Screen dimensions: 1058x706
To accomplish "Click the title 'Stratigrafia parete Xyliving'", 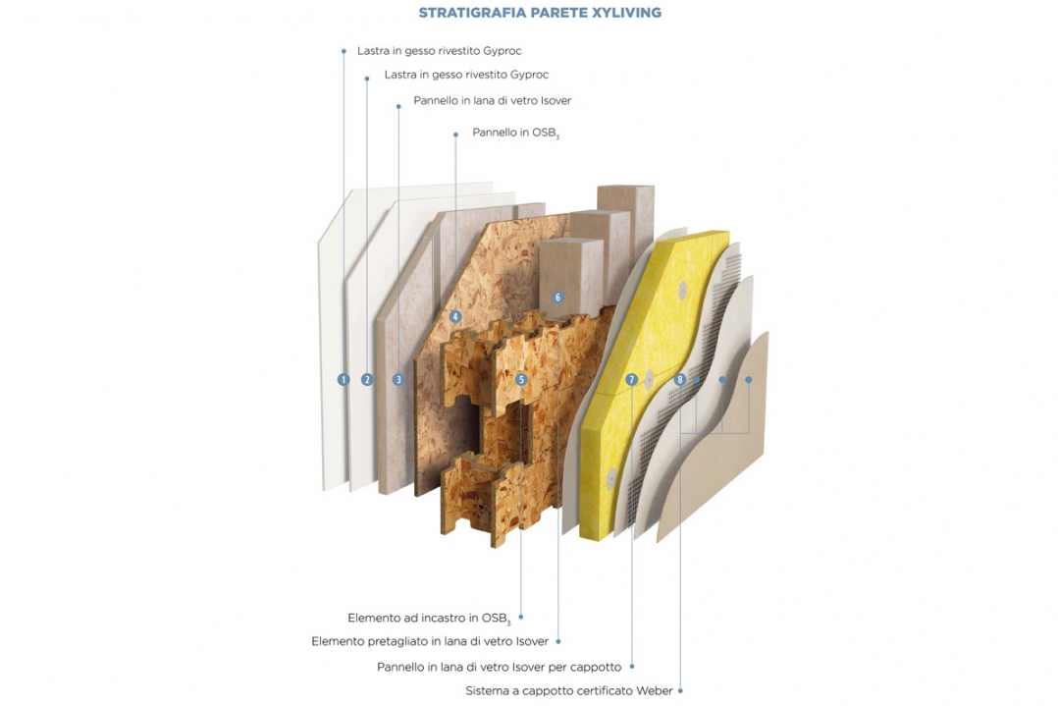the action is click(540, 12).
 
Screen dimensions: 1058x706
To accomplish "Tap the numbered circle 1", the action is click(344, 379).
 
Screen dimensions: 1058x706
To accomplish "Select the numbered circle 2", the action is click(367, 379).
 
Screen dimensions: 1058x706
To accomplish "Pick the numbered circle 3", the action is click(398, 379).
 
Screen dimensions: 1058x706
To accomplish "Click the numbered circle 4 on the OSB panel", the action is click(455, 316).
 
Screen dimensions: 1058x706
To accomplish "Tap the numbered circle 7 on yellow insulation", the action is click(632, 379).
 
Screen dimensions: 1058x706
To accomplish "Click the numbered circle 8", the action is click(679, 379).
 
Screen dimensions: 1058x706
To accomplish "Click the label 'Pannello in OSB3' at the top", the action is click(516, 133).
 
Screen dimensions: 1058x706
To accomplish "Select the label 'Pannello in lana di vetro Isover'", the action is click(493, 100).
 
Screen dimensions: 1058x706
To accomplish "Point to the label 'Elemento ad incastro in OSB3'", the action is click(429, 619).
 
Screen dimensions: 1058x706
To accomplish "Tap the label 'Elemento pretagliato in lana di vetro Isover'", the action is click(430, 641).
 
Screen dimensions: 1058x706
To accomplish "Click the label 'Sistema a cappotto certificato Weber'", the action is click(569, 691).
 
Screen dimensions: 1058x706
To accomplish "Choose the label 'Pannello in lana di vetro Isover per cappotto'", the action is click(500, 667).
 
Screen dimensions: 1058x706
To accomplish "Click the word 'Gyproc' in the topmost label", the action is click(503, 51).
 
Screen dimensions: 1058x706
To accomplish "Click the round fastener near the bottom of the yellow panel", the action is click(611, 476).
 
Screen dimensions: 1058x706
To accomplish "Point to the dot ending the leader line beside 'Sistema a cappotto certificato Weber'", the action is click(680, 690).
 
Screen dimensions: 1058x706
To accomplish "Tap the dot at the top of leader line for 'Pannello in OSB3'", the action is click(455, 135).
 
